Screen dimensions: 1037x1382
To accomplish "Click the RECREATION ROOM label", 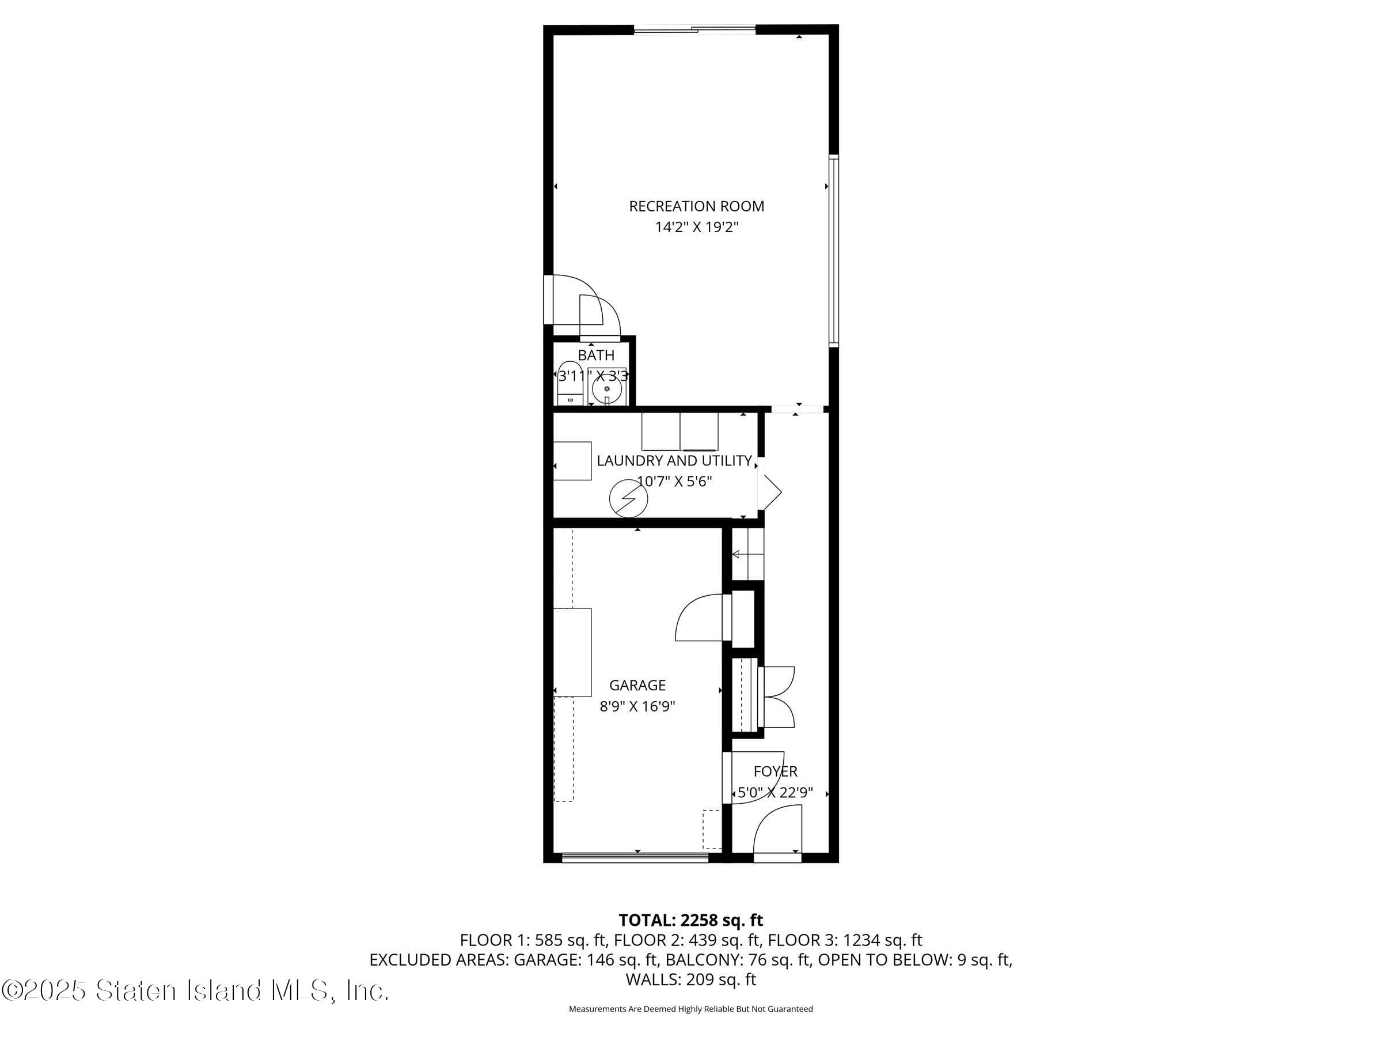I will [x=696, y=206].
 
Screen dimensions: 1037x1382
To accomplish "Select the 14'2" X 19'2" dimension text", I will [x=696, y=227].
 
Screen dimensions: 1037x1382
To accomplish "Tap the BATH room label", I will [x=595, y=355].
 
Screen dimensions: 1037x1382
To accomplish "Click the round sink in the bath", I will [x=607, y=390].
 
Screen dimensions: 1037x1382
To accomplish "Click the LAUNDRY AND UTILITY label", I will [x=674, y=461].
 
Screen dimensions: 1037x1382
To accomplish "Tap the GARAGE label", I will [x=637, y=686].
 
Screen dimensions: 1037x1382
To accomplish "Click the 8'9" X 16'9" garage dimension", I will [x=637, y=707].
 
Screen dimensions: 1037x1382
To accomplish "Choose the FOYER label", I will [x=775, y=771].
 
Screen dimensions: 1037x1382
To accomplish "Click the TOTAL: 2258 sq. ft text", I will [x=690, y=920].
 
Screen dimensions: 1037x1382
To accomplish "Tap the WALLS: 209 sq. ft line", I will [x=690, y=979].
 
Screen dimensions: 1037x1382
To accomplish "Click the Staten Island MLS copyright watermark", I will [x=195, y=991].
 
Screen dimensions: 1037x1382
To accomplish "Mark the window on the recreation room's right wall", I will [x=833, y=250].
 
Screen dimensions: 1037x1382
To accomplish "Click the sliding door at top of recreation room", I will [x=695, y=29].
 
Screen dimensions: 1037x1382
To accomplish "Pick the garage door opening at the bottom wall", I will [x=635, y=858].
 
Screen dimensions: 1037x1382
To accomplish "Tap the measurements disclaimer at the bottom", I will [x=690, y=1009].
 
